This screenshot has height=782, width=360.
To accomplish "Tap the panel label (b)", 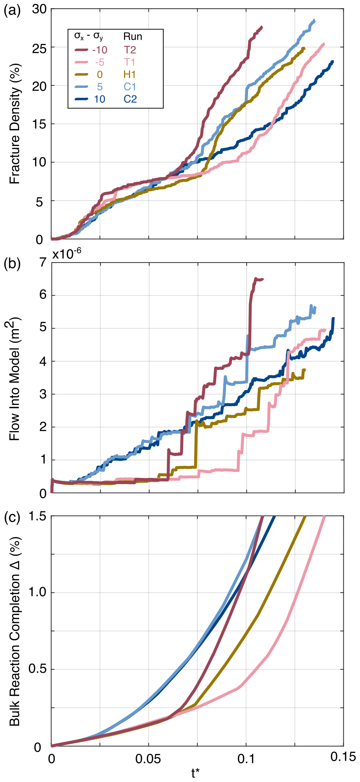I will tap(11, 264).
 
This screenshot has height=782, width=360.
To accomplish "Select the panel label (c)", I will tap(11, 517).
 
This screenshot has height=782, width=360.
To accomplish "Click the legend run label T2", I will tap(130, 50).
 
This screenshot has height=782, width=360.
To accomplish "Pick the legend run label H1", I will tap(130, 74).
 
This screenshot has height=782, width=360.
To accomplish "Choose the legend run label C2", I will tap(130, 99).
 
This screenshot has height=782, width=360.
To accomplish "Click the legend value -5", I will tap(100, 62).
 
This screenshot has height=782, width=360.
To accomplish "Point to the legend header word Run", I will tap(133, 36).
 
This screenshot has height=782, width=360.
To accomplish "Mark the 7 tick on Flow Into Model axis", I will tap(43, 263).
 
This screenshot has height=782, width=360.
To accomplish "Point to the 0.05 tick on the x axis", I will tap(149, 759).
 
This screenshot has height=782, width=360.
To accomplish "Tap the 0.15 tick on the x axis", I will tap(343, 757).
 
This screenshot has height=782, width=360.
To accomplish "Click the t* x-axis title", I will tap(196, 773).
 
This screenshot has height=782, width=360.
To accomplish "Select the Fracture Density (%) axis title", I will tap(15, 124).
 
